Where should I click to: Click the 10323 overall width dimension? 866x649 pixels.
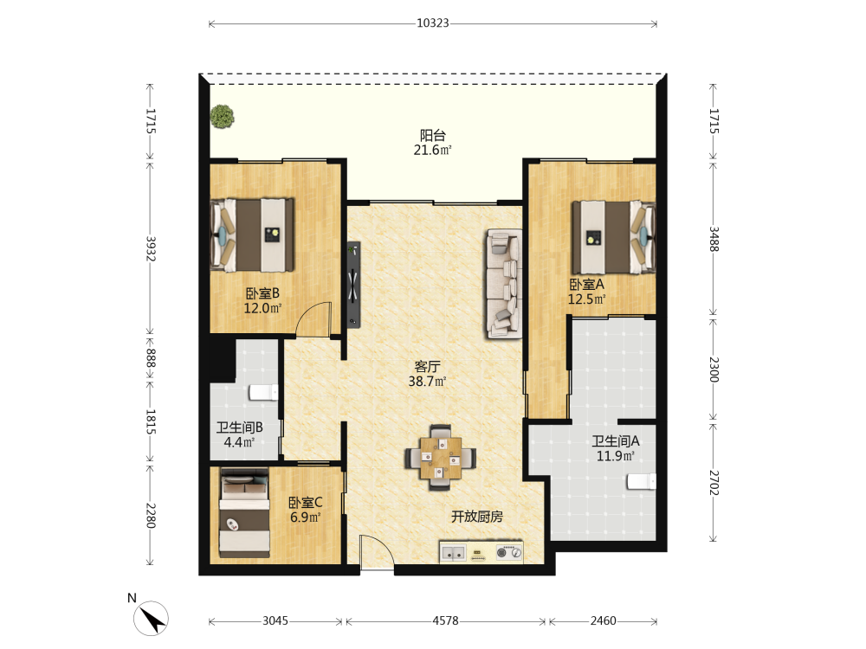(x=432, y=23)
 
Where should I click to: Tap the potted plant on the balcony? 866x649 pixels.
(x=222, y=117)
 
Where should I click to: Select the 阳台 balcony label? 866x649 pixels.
(x=432, y=135)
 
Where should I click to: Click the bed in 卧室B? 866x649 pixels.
(x=252, y=235)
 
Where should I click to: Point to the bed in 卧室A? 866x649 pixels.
(x=614, y=237)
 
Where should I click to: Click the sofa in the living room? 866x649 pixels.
(x=504, y=283)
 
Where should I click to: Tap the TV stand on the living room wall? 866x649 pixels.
(x=353, y=285)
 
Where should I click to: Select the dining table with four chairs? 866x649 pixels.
(x=440, y=458)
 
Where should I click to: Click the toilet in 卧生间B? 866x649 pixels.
(x=263, y=392)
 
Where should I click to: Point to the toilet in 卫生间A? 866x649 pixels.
(x=641, y=481)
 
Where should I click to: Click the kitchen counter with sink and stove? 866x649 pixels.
(x=481, y=552)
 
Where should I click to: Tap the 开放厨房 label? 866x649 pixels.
(x=477, y=517)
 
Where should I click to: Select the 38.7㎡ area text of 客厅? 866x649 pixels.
(x=427, y=382)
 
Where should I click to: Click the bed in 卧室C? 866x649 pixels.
(x=245, y=512)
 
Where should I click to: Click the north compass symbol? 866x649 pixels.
(x=151, y=618)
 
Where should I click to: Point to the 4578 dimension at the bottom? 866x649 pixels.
(x=445, y=620)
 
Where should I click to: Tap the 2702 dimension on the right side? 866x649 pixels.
(x=714, y=482)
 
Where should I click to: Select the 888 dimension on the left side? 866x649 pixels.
(x=150, y=357)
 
